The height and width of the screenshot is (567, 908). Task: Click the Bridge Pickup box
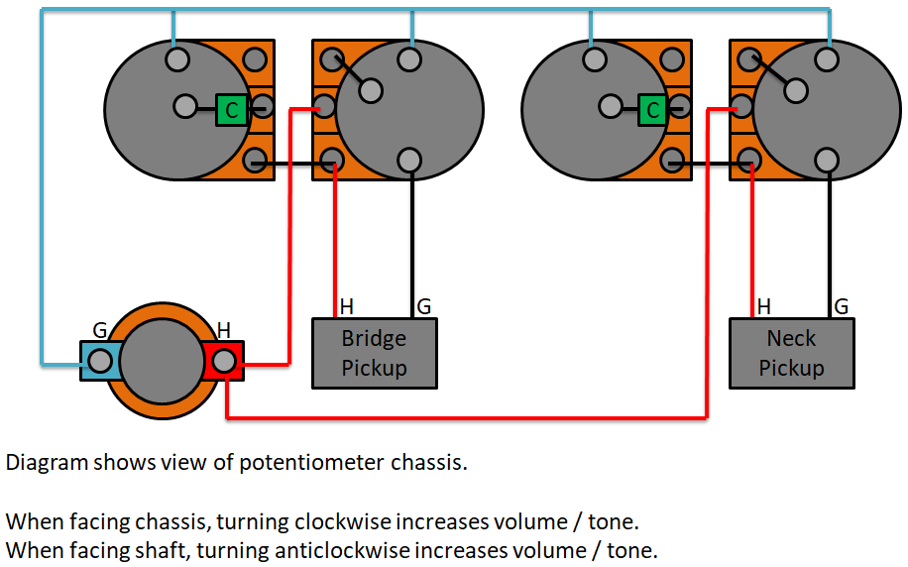coord(375,353)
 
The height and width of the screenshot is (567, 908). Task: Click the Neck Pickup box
coord(792,353)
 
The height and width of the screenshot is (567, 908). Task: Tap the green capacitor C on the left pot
coord(232,110)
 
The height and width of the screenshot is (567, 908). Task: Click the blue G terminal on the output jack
coord(101,361)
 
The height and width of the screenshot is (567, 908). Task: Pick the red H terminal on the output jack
coord(223,361)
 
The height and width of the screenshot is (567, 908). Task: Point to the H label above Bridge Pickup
coord(346,306)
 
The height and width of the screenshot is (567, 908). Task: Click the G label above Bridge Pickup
coord(424,306)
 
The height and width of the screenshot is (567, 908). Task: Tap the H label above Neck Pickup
coord(764,306)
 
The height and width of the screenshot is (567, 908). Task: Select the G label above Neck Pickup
coord(842,306)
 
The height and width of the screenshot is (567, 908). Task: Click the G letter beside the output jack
coord(100,331)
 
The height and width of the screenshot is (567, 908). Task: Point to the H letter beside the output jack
coord(223,331)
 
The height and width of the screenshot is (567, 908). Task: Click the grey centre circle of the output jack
coord(163,361)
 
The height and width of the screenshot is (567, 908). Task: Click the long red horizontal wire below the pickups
coord(466,417)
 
